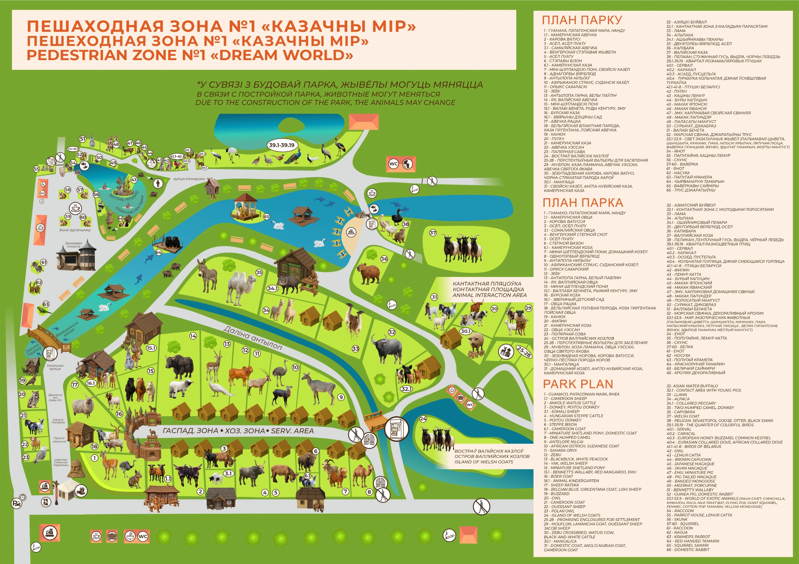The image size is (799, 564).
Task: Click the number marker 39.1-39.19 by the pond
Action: click(281, 145)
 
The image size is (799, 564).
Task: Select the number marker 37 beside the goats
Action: click(433, 233)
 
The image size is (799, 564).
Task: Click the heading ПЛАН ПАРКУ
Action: click(582, 20)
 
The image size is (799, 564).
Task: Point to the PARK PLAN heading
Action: click(578, 384)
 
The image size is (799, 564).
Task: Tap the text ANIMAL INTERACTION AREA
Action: click(489, 295)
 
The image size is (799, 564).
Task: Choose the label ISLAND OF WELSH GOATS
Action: click(483, 462)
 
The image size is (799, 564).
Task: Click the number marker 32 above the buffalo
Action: click(392, 332)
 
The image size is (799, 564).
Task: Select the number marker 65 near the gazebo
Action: click(267, 216)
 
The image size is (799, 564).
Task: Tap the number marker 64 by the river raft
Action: click(159, 252)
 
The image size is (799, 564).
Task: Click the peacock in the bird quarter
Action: click(292, 157)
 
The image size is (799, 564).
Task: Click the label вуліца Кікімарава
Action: click(189, 179)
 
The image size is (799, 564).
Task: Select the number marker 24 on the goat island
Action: click(423, 419)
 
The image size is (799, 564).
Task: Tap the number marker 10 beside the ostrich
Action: click(295, 367)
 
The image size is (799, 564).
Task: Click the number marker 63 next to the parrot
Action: click(46, 304)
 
